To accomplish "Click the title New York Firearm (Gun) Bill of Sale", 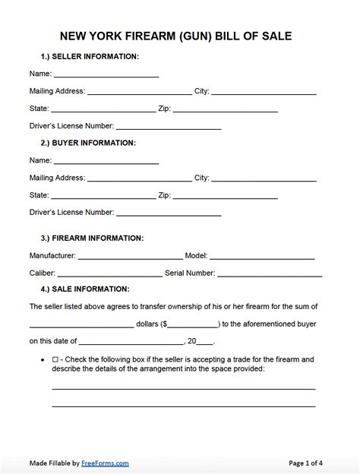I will point(180,36).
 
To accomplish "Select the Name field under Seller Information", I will point(106,74).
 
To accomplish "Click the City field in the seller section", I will point(264,92).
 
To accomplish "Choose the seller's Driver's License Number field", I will point(169,126).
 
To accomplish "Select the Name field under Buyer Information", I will point(106,161).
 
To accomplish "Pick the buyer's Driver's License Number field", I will point(169,213).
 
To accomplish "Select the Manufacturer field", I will point(130,256).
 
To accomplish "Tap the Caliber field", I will point(109,273).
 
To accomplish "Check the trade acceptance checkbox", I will point(55,359).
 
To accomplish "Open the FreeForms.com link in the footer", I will point(106,463).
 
